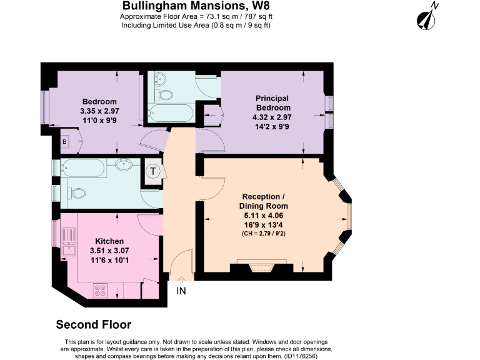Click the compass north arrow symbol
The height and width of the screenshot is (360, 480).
coord(427,17)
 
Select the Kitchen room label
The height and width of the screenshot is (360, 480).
coord(109,241)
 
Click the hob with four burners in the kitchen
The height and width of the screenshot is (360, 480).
coord(100,289)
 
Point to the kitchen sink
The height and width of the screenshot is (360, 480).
coord(68,240)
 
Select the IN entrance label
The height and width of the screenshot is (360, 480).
coord(181,291)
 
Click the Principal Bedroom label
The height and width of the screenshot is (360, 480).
coord(272,102)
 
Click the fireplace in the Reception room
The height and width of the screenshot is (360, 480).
coord(261,268)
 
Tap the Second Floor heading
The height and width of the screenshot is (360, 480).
coord(94,324)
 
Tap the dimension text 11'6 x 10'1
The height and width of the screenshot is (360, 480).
coord(109,260)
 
